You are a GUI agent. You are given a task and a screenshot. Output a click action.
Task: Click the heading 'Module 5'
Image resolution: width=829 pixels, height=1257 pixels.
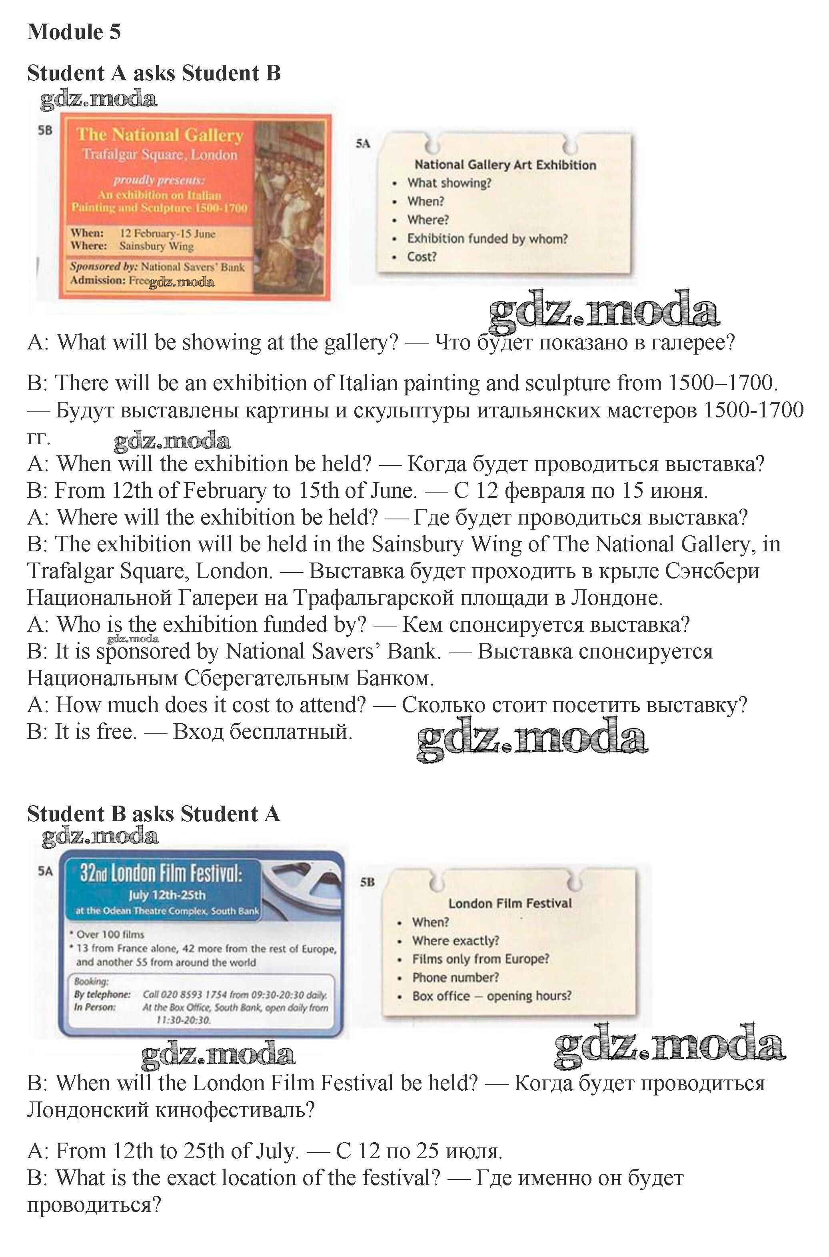(x=74, y=32)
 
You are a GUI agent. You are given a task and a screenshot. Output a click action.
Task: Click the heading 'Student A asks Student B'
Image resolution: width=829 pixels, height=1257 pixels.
(x=153, y=73)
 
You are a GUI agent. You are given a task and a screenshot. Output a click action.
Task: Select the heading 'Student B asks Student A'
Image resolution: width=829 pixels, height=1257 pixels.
(x=153, y=814)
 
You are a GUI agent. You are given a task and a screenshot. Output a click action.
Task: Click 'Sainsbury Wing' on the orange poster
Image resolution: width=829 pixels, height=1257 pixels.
(x=156, y=246)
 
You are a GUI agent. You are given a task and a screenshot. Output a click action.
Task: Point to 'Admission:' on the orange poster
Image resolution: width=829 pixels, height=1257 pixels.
(x=98, y=280)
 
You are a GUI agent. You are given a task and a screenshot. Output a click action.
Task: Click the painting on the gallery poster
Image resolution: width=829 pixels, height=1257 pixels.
(x=291, y=206)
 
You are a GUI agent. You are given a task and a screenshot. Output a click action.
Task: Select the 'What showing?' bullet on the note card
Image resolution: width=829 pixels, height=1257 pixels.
(x=448, y=183)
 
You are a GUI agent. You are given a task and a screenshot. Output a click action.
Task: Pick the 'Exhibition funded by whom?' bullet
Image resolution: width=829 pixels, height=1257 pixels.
(x=486, y=239)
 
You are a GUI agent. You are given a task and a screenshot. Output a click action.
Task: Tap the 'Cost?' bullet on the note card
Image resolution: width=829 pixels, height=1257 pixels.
(x=421, y=257)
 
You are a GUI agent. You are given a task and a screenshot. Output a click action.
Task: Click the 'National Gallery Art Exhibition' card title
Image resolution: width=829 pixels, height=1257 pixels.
(x=505, y=165)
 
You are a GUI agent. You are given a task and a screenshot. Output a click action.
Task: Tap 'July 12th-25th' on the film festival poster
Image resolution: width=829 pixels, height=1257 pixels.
(x=166, y=895)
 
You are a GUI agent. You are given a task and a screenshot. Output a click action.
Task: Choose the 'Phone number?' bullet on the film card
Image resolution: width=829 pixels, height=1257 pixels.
(x=455, y=978)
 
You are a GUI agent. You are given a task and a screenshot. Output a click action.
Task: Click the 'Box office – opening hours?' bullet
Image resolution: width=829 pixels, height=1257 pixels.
(x=492, y=996)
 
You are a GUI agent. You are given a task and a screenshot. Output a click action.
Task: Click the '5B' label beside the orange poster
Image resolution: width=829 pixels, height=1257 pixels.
(x=45, y=130)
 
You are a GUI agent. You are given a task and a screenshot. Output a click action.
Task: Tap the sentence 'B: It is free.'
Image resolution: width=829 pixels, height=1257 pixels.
(x=82, y=732)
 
